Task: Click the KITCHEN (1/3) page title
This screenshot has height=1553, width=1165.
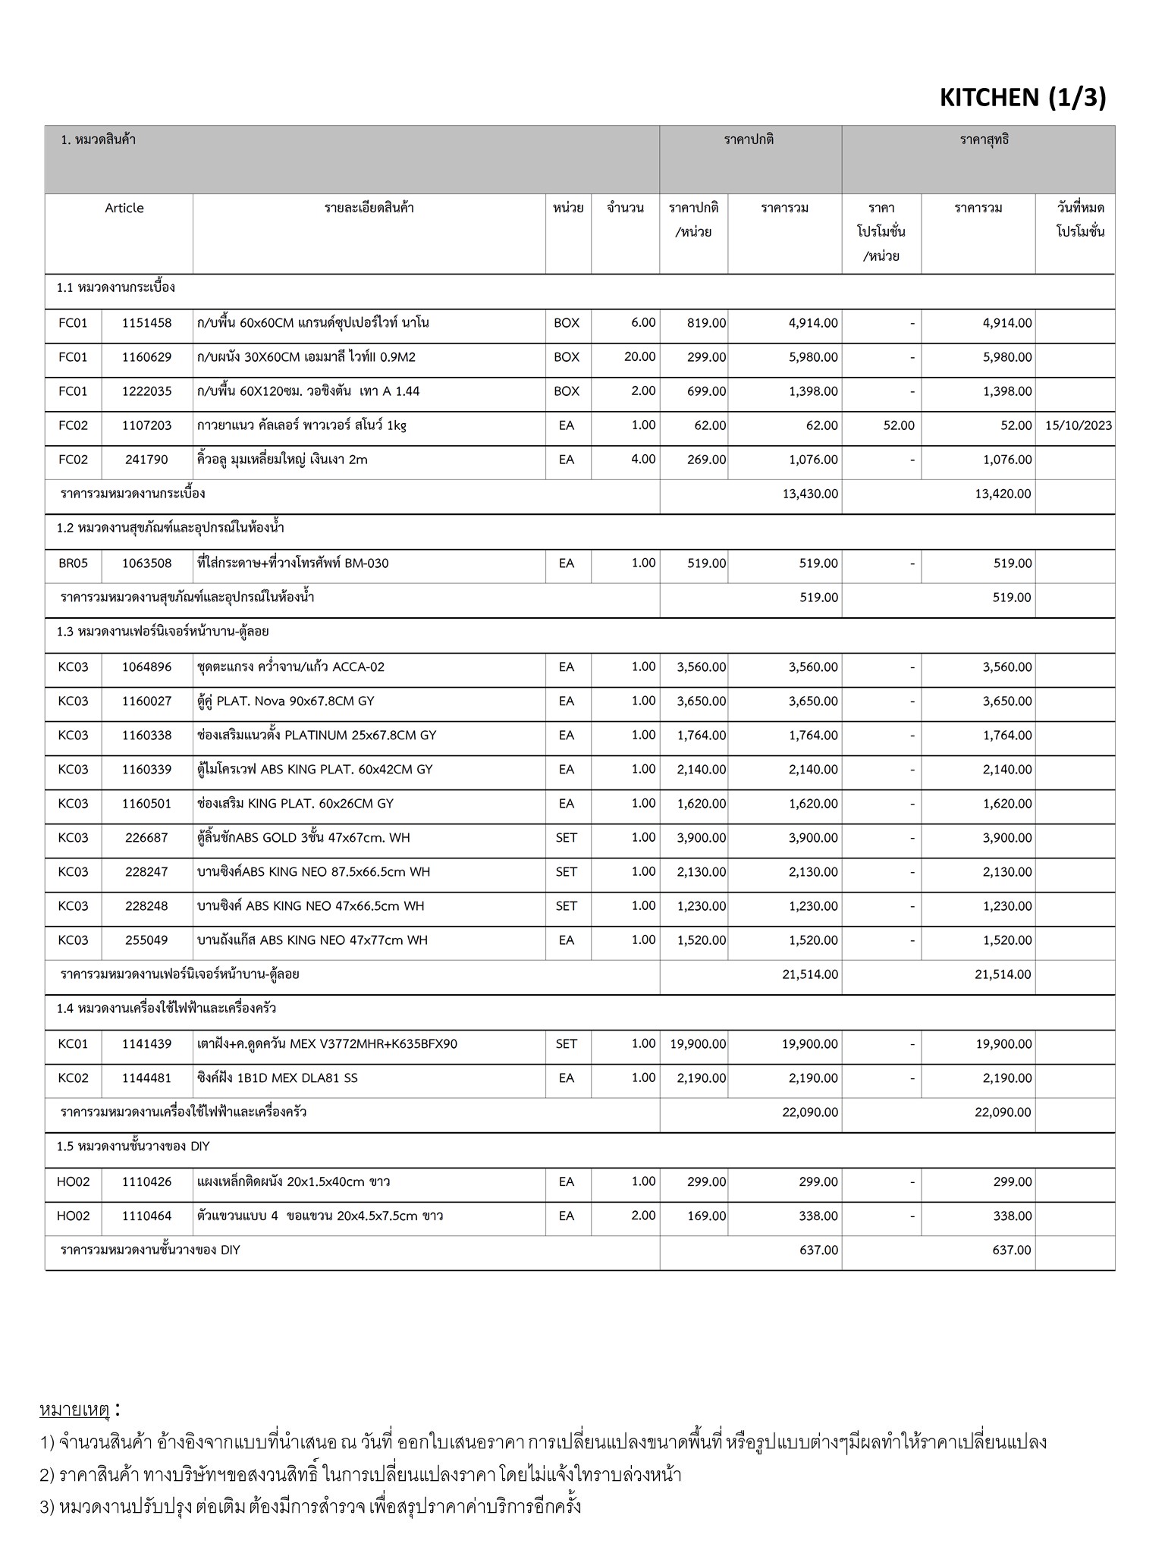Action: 1022,98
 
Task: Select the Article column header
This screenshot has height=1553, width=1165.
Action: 124,209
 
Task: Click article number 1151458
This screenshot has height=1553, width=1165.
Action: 146,323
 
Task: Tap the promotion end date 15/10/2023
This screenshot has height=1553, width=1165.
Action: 1078,425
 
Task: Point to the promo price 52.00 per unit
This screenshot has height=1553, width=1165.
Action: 899,425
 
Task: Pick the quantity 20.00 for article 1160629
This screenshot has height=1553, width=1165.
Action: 639,357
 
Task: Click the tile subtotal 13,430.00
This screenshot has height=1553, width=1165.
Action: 810,494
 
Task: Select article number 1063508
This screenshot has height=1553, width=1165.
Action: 146,563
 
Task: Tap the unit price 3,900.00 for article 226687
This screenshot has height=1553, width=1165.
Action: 701,838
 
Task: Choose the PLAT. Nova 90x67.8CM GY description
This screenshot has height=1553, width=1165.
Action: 285,701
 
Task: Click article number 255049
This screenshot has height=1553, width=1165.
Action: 146,940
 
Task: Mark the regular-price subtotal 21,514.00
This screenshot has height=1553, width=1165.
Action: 810,974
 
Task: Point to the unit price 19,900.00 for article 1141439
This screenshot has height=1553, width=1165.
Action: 698,1044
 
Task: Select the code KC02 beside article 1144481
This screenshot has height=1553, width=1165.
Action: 73,1078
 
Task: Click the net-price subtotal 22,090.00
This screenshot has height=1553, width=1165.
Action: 1003,1112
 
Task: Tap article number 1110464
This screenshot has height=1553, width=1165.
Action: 146,1216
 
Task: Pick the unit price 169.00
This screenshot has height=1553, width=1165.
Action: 706,1216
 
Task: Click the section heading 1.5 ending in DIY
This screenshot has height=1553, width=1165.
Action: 133,1147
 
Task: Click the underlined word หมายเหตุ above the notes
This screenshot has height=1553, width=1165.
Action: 75,1410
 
